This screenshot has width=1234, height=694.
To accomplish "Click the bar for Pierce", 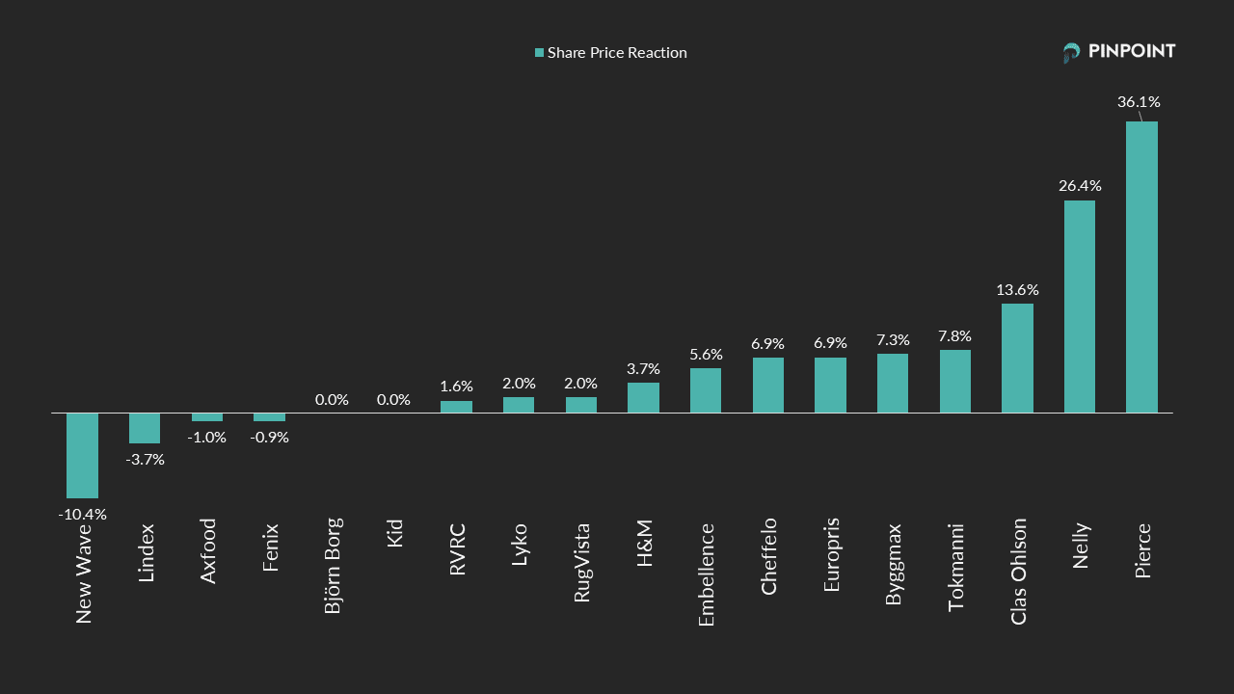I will click(1141, 267).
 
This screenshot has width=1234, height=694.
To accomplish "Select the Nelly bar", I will click(1079, 307).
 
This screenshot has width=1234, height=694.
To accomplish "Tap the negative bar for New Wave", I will click(82, 455).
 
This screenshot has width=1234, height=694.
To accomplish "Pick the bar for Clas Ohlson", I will click(1017, 358).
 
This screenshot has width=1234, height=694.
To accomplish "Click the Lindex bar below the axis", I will click(145, 428).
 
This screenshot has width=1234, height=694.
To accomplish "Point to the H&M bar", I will click(643, 397).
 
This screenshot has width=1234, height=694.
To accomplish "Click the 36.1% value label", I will click(1139, 101).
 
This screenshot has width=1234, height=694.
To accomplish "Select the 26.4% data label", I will click(1080, 185).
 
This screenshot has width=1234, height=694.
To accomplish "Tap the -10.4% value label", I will click(82, 514).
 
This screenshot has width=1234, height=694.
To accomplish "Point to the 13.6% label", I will click(1017, 289).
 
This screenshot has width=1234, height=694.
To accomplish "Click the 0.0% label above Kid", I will click(393, 399).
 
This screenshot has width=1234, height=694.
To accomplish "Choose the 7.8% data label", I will click(954, 335).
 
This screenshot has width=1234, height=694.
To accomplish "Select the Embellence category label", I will click(706, 574).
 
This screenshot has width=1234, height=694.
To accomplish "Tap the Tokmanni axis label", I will click(955, 566).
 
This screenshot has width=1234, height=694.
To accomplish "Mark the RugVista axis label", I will click(581, 562).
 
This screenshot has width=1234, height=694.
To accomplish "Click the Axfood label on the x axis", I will click(207, 550).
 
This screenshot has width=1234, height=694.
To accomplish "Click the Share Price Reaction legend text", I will click(617, 53).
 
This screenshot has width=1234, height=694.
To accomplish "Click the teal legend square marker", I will click(540, 53).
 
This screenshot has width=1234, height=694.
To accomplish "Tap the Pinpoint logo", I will click(1118, 52).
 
